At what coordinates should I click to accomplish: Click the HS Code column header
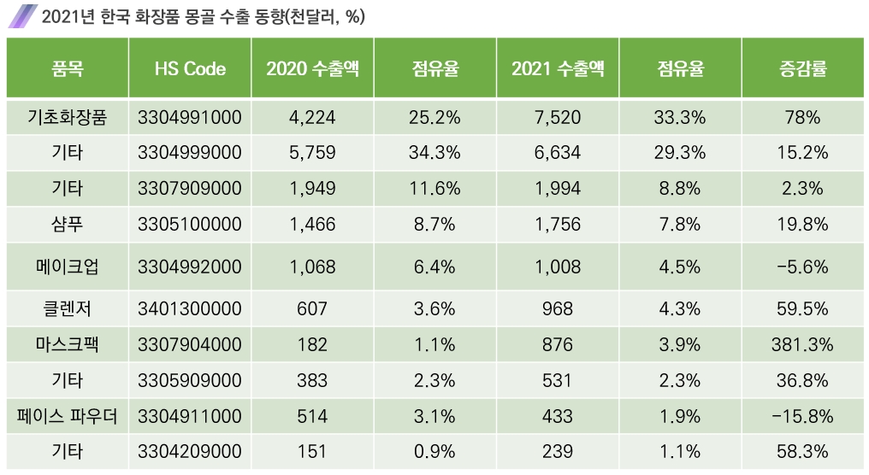(x=190, y=69)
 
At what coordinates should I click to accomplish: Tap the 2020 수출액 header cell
(x=312, y=69)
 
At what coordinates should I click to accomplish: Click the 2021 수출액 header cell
(x=558, y=69)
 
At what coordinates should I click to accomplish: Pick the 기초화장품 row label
(x=68, y=118)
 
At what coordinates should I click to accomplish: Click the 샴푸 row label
(x=68, y=225)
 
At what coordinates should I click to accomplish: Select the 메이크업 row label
(x=68, y=267)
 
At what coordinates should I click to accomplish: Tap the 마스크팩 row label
(x=68, y=344)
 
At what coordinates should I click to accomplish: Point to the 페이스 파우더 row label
(x=68, y=417)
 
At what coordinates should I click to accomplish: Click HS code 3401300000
(x=190, y=308)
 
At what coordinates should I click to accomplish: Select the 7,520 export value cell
(x=558, y=118)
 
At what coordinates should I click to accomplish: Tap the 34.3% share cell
(x=435, y=153)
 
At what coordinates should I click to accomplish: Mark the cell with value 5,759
(x=312, y=153)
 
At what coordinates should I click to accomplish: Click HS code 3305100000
(x=190, y=225)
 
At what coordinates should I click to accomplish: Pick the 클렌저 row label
(x=68, y=308)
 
